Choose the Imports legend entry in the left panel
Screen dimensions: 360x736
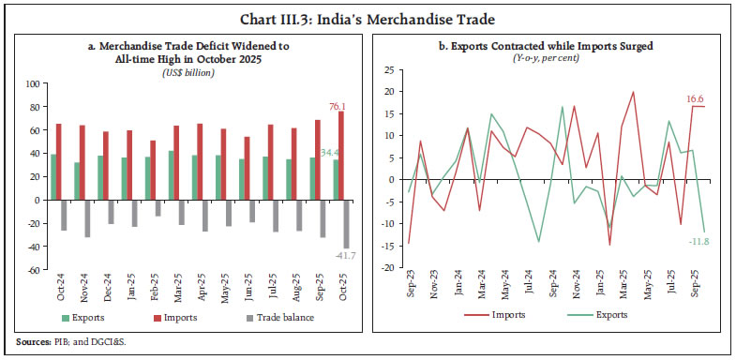pyautogui.click(x=182, y=316)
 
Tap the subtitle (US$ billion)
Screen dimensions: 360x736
pyautogui.click(x=184, y=72)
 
